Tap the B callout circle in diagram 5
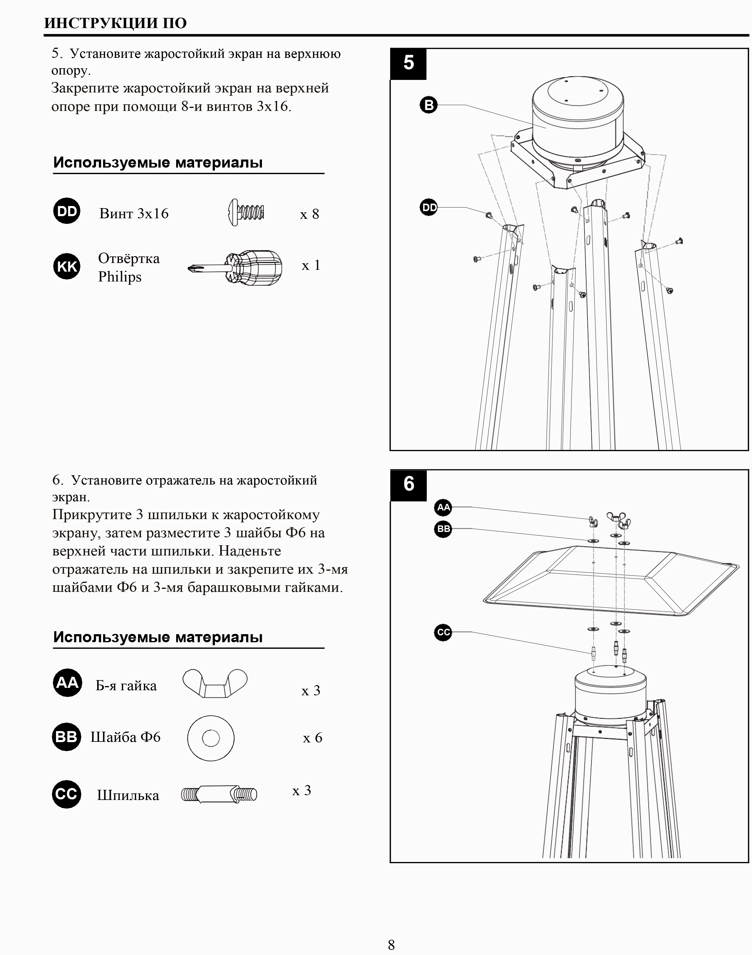428,105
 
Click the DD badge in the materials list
67,211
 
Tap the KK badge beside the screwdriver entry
67,267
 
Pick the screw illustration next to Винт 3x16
246,213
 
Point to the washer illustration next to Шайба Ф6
210,738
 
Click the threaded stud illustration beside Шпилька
219,794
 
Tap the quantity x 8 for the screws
309,214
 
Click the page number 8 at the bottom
391,945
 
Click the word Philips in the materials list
120,277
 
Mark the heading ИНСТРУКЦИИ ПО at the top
115,23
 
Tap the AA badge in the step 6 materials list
67,683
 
